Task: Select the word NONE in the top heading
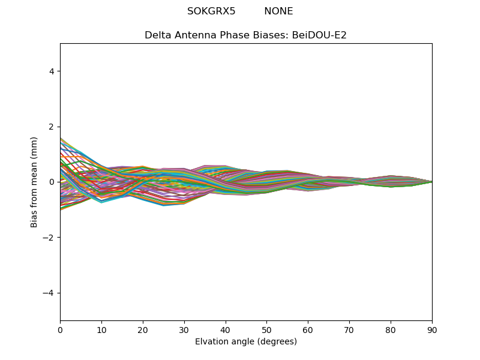pos(278,11)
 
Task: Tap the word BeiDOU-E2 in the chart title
pos(319,35)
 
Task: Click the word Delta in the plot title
pos(158,35)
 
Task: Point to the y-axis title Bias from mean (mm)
pos(34,182)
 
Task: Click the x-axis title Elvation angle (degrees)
pos(246,341)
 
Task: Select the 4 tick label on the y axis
pos(52,71)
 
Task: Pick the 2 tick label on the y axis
pos(52,127)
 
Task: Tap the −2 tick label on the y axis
pos(49,238)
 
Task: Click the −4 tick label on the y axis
pos(49,293)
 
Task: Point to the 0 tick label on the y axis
pos(52,182)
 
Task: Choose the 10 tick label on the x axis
pos(101,329)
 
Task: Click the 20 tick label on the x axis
pos(143,329)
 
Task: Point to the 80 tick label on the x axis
pos(391,329)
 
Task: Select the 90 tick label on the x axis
pos(432,329)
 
